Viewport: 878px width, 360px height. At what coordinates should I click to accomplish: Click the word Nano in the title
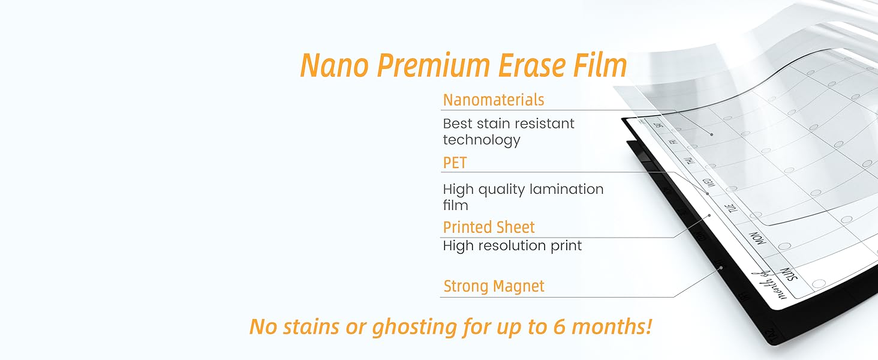click(x=333, y=65)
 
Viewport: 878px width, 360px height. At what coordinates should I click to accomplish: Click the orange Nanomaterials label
click(x=494, y=100)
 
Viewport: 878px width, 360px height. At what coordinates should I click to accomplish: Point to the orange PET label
click(x=455, y=163)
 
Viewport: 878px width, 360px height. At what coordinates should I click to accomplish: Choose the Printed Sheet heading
click(x=489, y=227)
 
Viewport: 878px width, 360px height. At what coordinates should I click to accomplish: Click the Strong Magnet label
click(x=494, y=286)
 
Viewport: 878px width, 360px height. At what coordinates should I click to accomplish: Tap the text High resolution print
click(x=512, y=245)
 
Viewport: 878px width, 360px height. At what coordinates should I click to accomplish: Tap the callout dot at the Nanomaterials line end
click(x=711, y=134)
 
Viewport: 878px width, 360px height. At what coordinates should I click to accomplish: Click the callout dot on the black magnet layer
click(x=721, y=267)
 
